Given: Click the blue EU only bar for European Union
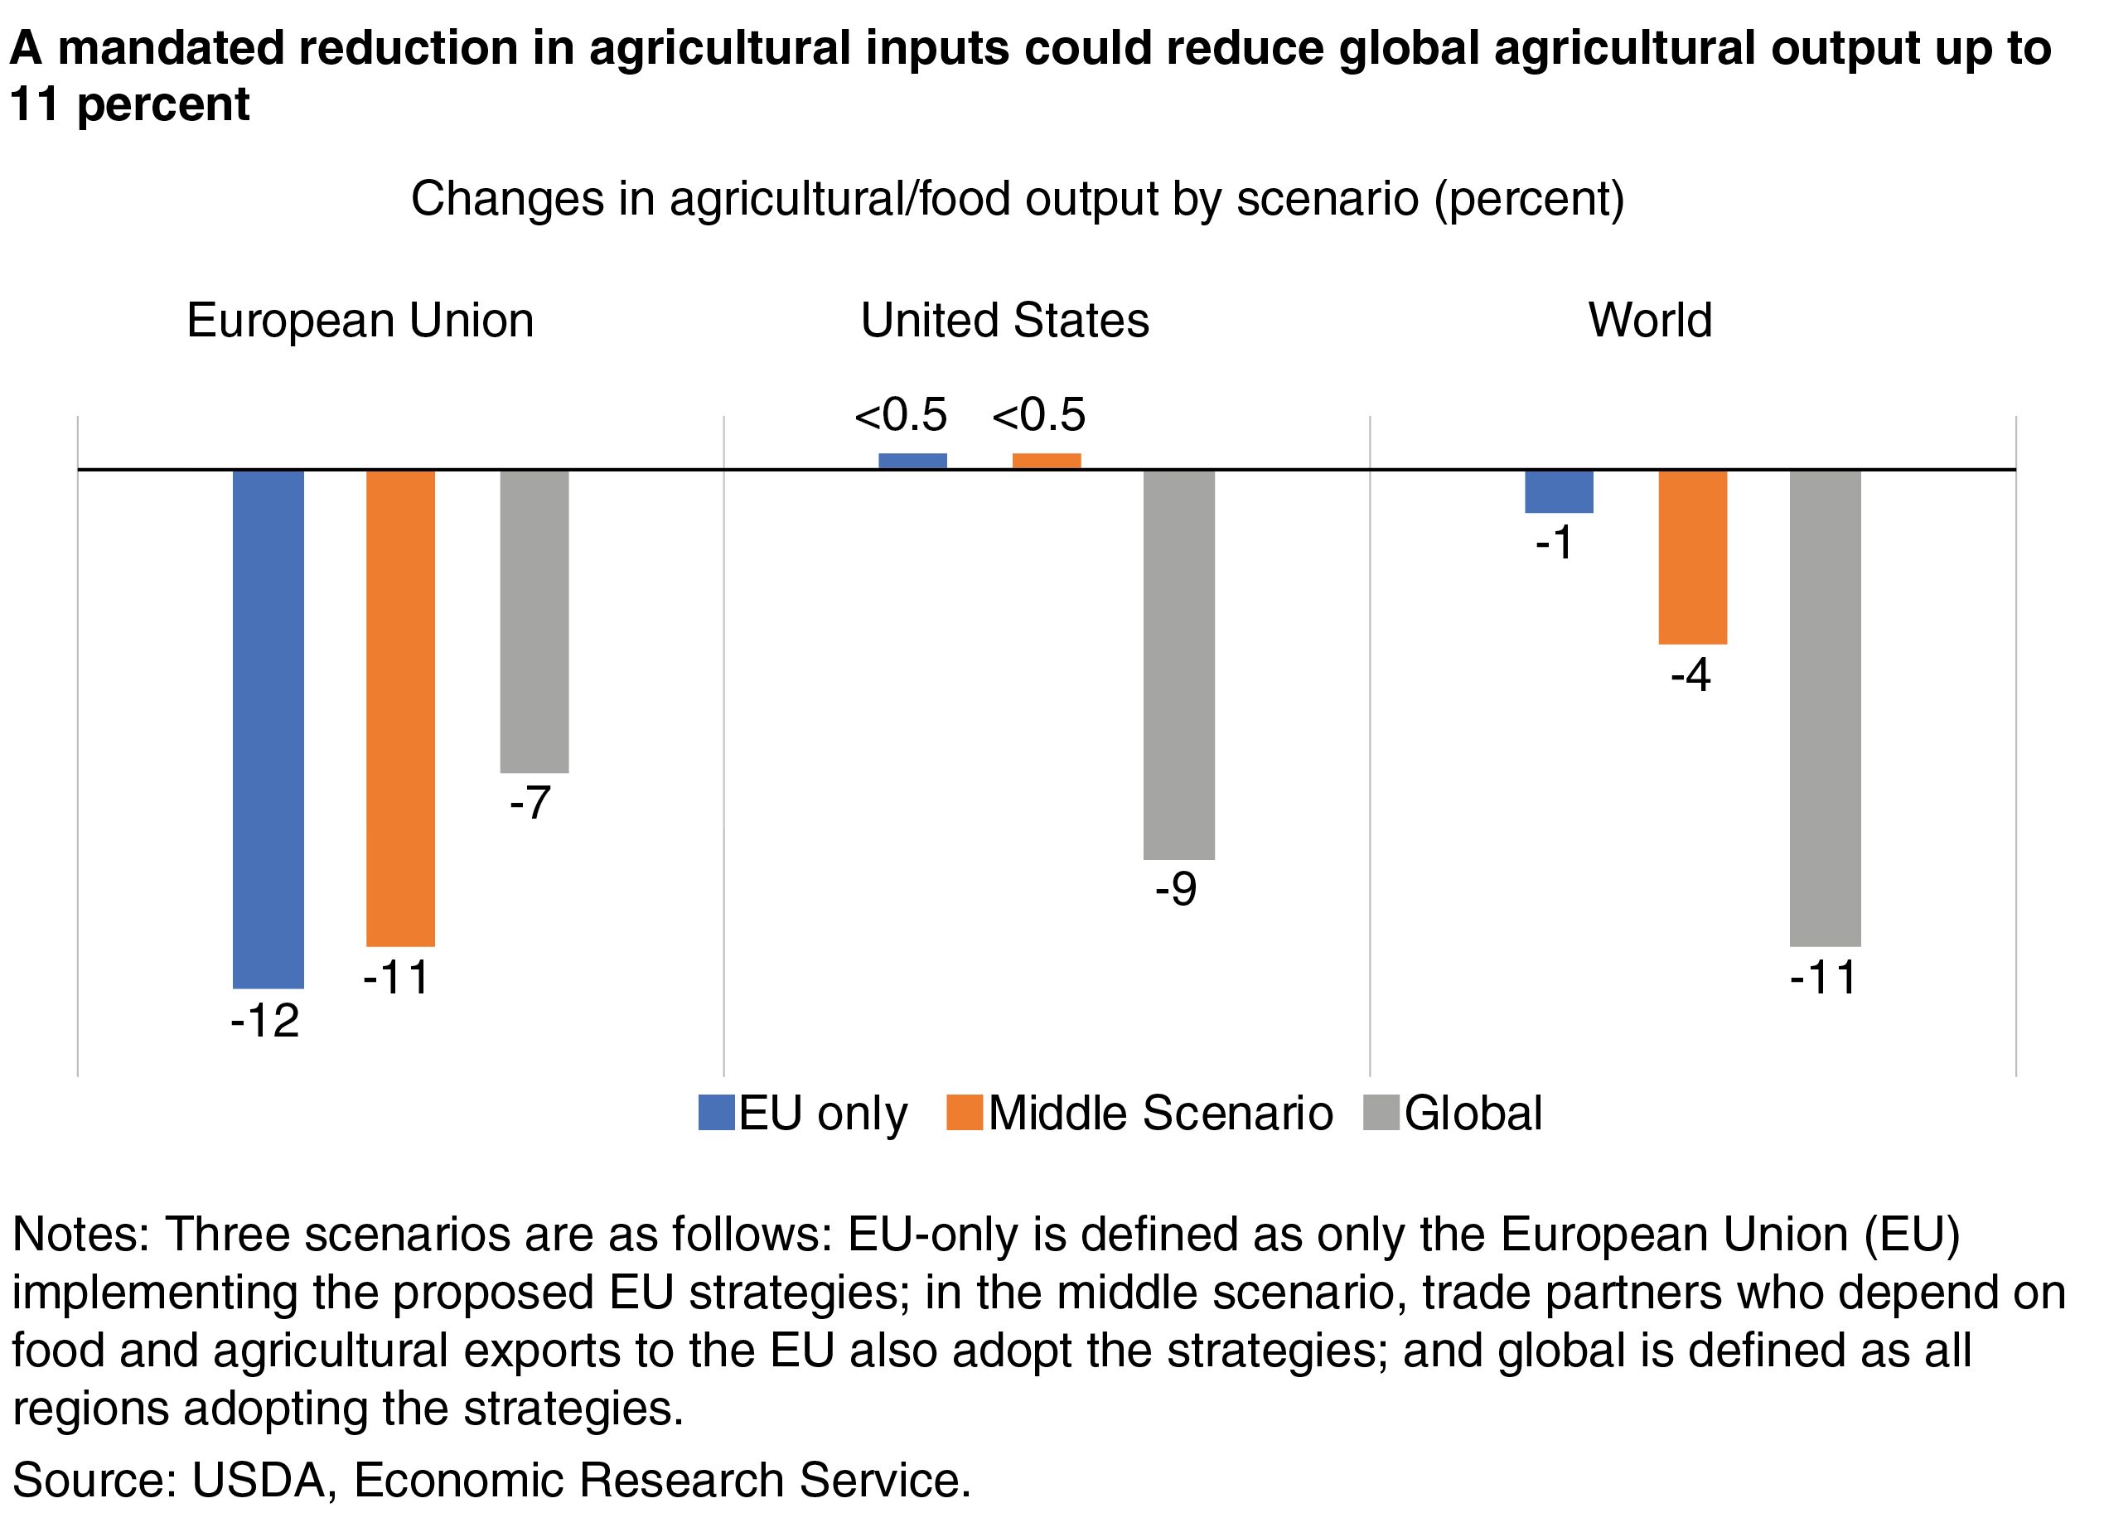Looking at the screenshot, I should (x=268, y=728).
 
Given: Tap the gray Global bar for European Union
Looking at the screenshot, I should (x=534, y=621).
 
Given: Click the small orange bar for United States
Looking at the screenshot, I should (x=1046, y=462).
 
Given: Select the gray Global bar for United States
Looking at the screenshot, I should (x=1178, y=665).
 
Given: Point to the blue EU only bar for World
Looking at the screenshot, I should (x=1559, y=491).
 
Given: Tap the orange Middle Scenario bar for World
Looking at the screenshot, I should (x=1692, y=556).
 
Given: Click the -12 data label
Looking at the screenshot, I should (x=265, y=1022).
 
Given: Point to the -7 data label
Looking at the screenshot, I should (x=530, y=803).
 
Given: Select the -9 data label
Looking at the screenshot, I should (x=1175, y=889).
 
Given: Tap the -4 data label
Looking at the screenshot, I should (x=1690, y=674).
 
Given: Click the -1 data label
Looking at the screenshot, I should (x=1554, y=543).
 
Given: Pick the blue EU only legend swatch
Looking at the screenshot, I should (x=717, y=1113).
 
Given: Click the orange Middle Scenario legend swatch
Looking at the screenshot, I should (x=964, y=1113).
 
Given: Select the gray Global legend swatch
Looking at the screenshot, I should (x=1381, y=1113).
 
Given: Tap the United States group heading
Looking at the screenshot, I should (x=1004, y=321).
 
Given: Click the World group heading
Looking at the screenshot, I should (x=1650, y=321).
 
